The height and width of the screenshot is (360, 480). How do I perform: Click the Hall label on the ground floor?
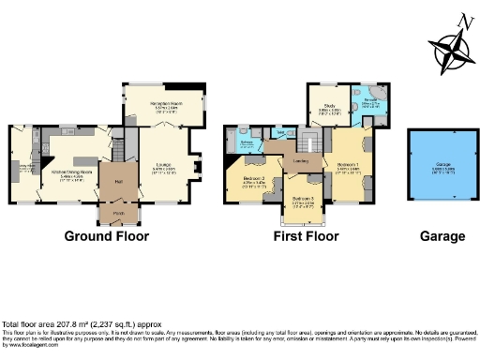(x=119, y=181)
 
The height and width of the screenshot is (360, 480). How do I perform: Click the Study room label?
(x=329, y=107)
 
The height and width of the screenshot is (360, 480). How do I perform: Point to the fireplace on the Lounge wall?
(x=196, y=169)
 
